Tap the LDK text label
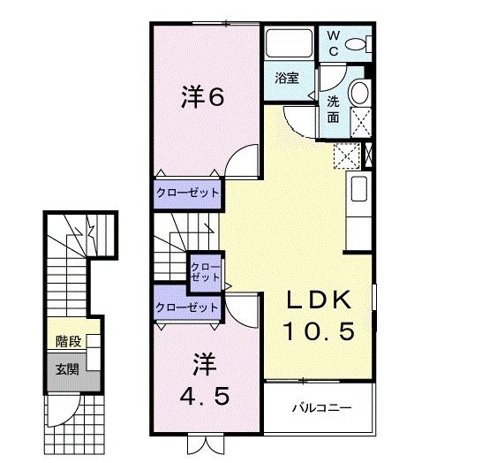[318, 300]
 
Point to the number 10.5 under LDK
[319, 331]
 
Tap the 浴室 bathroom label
[286, 77]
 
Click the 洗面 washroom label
[334, 108]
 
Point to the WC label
[335, 42]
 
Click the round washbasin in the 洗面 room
[358, 93]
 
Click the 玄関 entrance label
[67, 368]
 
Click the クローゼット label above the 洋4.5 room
[186, 307]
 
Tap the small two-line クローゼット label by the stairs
[206, 270]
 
